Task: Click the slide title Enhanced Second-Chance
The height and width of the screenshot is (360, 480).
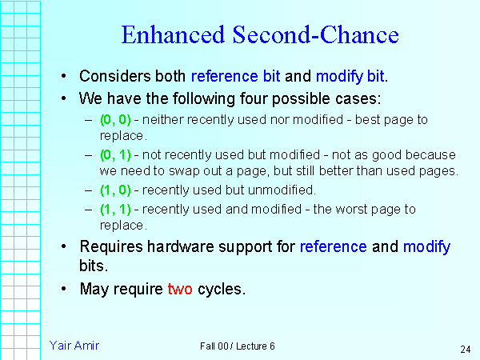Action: pyautogui.click(x=259, y=36)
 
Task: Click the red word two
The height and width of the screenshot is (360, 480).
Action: pyautogui.click(x=180, y=289)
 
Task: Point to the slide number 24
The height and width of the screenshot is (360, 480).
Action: pyautogui.click(x=465, y=350)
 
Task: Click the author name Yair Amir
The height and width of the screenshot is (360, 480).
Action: pyautogui.click(x=74, y=346)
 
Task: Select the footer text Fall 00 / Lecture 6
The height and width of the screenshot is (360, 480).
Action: pyautogui.click(x=238, y=346)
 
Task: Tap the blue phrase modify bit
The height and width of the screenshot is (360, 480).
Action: pyautogui.click(x=350, y=77)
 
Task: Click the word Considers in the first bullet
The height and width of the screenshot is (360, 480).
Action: pyautogui.click(x=111, y=77)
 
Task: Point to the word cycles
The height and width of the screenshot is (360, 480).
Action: pyautogui.click(x=220, y=289)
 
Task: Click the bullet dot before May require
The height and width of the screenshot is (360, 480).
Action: pyautogui.click(x=63, y=290)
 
